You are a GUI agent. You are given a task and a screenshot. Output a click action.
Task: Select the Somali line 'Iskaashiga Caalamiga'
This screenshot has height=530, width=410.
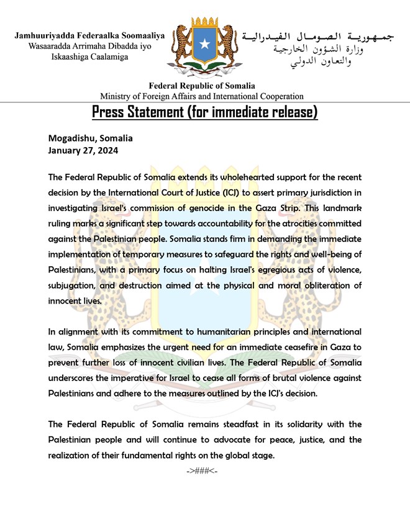(x=90, y=56)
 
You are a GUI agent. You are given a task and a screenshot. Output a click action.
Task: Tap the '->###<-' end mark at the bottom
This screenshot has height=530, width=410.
(x=202, y=471)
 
